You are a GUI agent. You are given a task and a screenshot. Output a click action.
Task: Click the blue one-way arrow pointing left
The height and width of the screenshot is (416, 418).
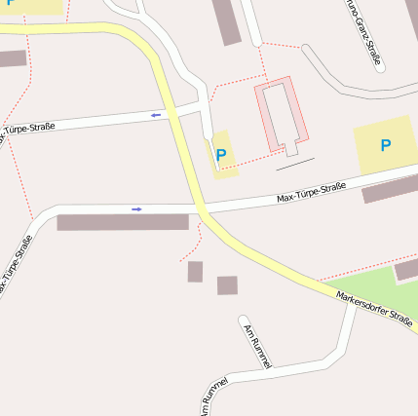(156, 115)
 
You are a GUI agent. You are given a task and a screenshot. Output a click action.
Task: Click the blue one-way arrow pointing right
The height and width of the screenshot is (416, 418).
(136, 208)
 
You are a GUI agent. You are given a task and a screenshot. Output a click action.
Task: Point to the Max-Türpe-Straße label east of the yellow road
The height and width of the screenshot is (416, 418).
(312, 192)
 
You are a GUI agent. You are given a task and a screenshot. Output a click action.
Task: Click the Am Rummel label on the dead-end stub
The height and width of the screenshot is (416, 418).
(258, 346)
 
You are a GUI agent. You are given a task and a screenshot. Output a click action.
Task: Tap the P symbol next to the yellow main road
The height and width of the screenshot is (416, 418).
(221, 154)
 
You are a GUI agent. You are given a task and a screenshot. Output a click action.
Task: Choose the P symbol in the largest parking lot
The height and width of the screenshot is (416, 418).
(386, 145)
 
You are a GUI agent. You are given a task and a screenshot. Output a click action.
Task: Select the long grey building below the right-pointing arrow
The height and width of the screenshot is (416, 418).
(122, 222)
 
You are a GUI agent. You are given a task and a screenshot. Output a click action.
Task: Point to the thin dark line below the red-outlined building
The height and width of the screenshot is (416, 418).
(295, 164)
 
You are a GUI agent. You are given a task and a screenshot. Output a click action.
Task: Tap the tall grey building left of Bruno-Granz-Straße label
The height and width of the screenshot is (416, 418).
(226, 21)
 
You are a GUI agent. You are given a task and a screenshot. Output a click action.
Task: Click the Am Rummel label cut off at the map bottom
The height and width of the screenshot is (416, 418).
(213, 396)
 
